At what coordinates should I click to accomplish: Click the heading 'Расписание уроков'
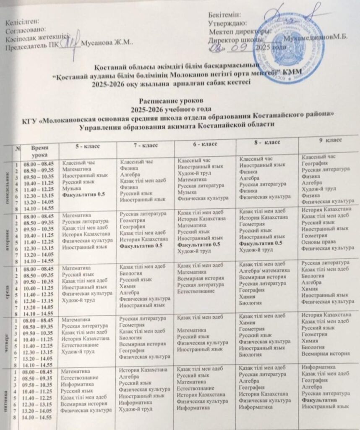[x=165, y=101]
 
